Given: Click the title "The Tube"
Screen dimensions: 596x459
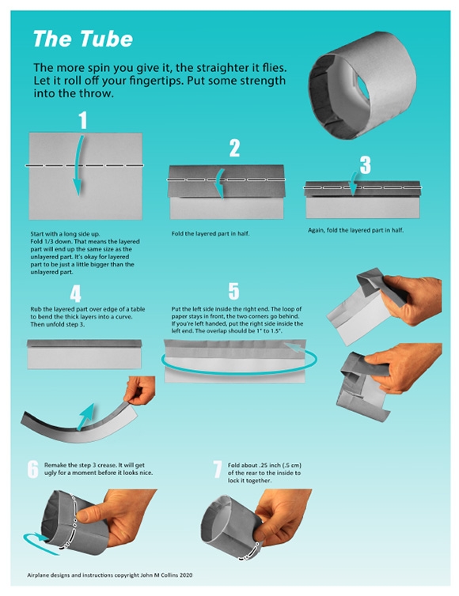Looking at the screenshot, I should (82, 39).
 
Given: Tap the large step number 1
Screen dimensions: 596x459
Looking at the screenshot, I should (82, 120).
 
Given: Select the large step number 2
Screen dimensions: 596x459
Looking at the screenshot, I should (233, 148).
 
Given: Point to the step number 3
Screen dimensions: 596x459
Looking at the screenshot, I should (364, 164).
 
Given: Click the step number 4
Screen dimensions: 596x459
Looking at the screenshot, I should (75, 295).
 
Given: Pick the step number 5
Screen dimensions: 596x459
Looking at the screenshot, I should (233, 292).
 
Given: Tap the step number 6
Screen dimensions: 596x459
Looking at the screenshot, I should (32, 469).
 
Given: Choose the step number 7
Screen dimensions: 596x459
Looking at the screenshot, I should (217, 469).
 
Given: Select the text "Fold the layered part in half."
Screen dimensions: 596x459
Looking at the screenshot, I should (208, 234).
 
